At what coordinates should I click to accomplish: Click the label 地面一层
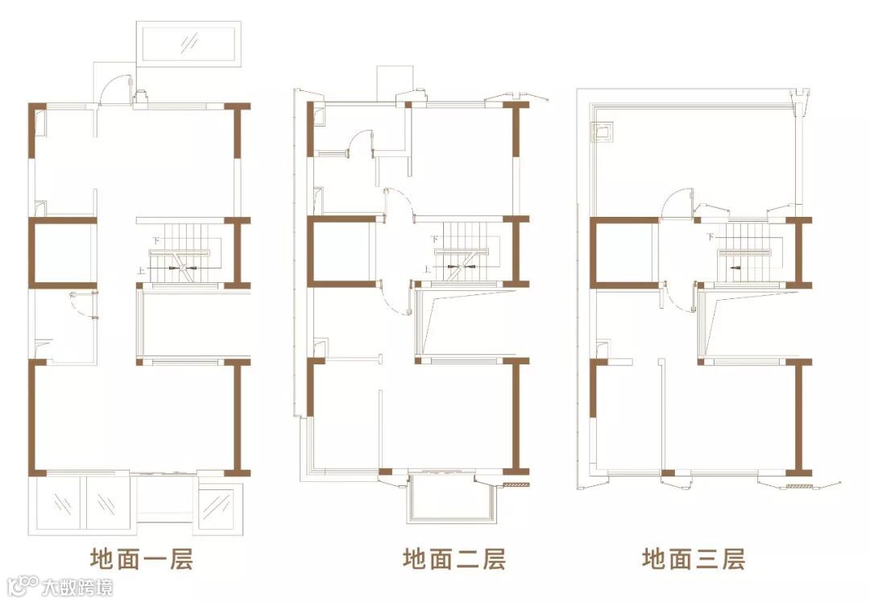(141, 559)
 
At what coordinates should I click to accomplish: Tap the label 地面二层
(454, 559)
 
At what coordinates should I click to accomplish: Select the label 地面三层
(693, 559)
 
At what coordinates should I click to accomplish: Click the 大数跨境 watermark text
(78, 586)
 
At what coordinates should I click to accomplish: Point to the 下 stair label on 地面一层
(156, 240)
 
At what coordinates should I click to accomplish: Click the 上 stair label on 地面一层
(142, 271)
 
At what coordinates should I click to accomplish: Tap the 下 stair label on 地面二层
(434, 239)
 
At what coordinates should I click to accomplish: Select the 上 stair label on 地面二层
(426, 268)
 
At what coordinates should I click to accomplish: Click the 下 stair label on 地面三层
(710, 238)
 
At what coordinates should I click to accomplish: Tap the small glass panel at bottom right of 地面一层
(215, 507)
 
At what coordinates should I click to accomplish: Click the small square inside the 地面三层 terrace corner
(603, 130)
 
